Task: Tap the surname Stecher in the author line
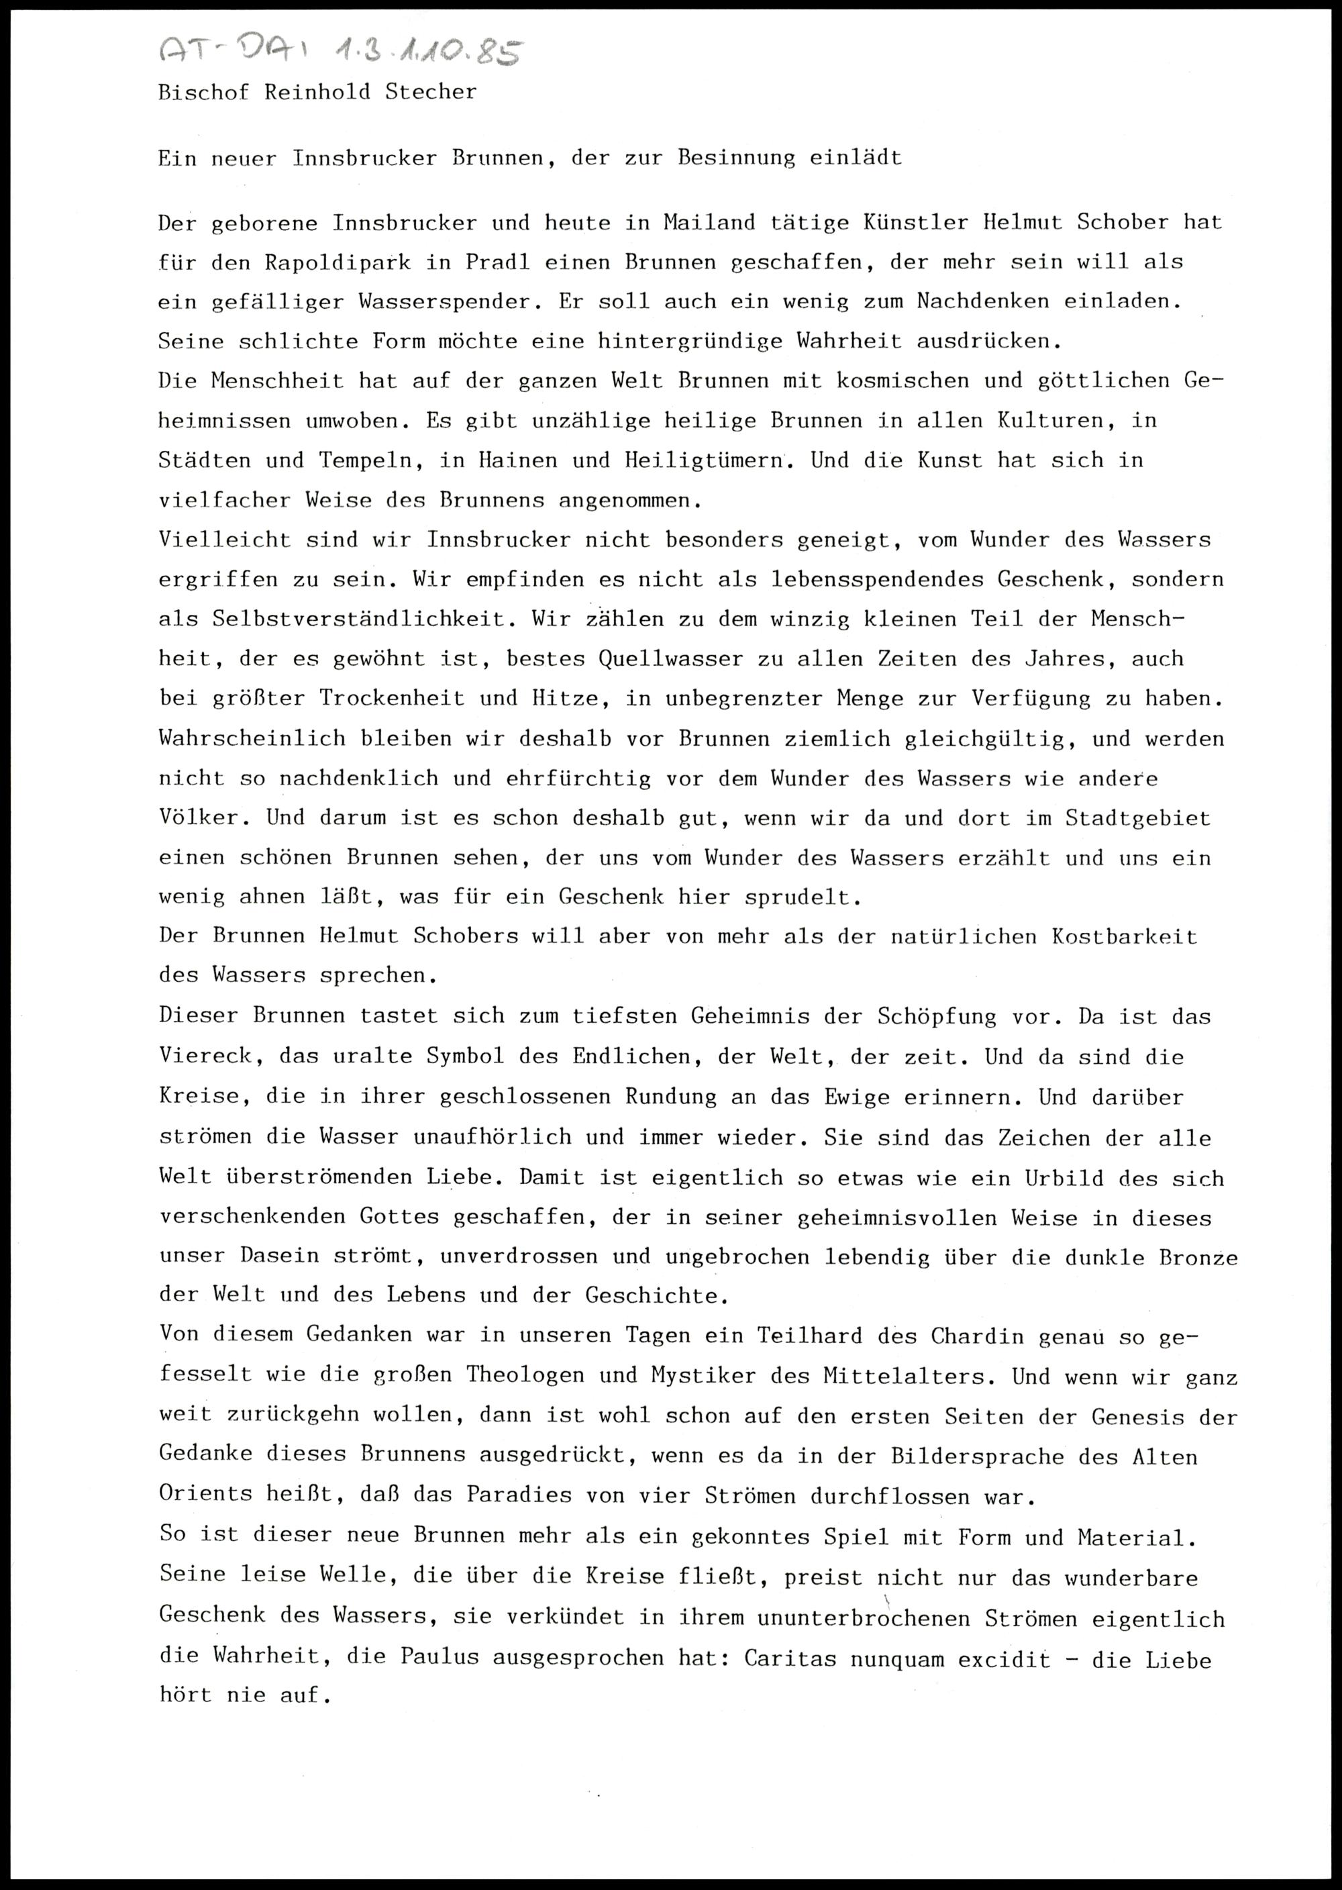(431, 93)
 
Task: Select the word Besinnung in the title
(735, 158)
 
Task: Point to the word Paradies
(518, 1497)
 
